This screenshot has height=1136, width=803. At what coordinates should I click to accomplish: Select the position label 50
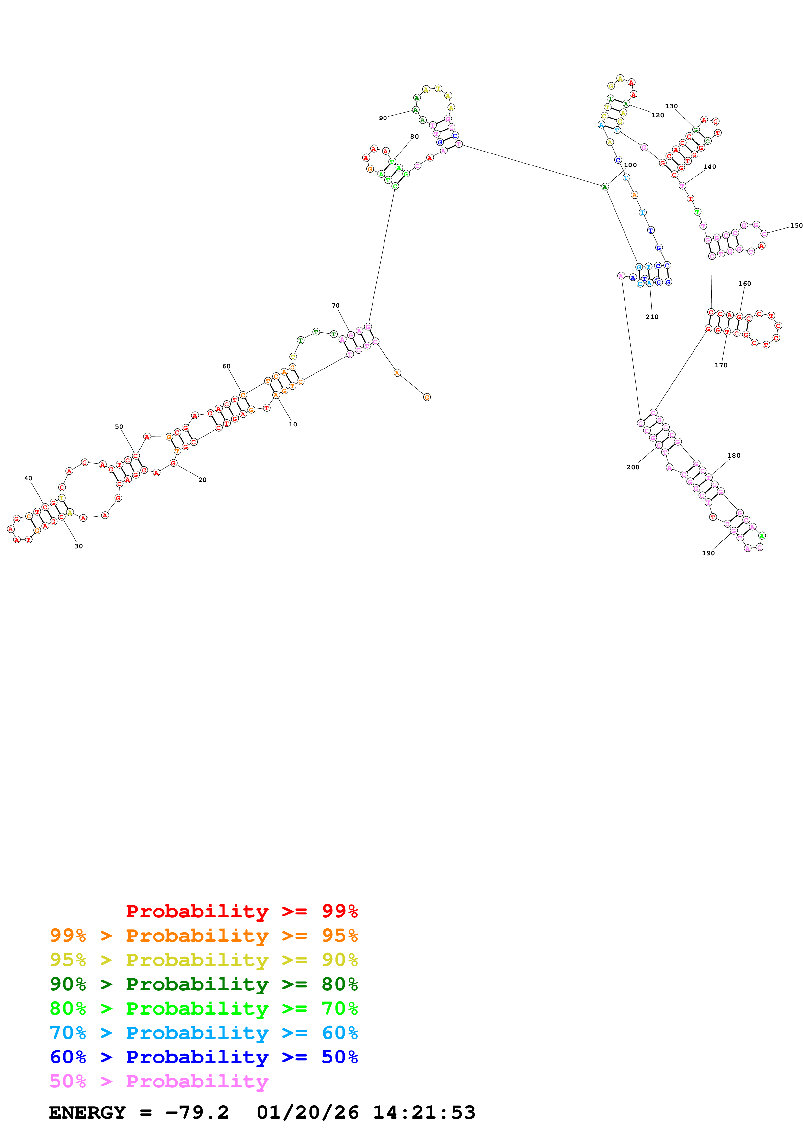119,426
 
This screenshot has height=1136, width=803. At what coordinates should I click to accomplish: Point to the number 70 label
336,306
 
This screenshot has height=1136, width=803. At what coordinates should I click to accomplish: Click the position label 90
383,118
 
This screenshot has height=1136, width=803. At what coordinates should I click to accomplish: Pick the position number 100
630,165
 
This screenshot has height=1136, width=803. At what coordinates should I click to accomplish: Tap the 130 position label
671,106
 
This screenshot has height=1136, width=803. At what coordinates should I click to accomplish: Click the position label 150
796,226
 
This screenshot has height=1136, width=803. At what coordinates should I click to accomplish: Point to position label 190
708,553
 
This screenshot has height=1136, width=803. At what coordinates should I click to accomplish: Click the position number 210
652,317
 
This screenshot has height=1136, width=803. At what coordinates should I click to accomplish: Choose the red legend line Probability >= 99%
241,911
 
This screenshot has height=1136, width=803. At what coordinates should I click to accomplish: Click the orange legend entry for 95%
204,936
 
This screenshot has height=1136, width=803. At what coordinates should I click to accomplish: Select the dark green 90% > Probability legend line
204,984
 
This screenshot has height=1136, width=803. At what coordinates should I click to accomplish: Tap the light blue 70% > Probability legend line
204,1033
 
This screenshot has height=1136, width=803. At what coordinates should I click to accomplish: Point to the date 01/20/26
308,1112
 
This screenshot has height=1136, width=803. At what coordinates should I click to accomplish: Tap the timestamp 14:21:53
424,1112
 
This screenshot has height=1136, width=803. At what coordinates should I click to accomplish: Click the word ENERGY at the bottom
87,1112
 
